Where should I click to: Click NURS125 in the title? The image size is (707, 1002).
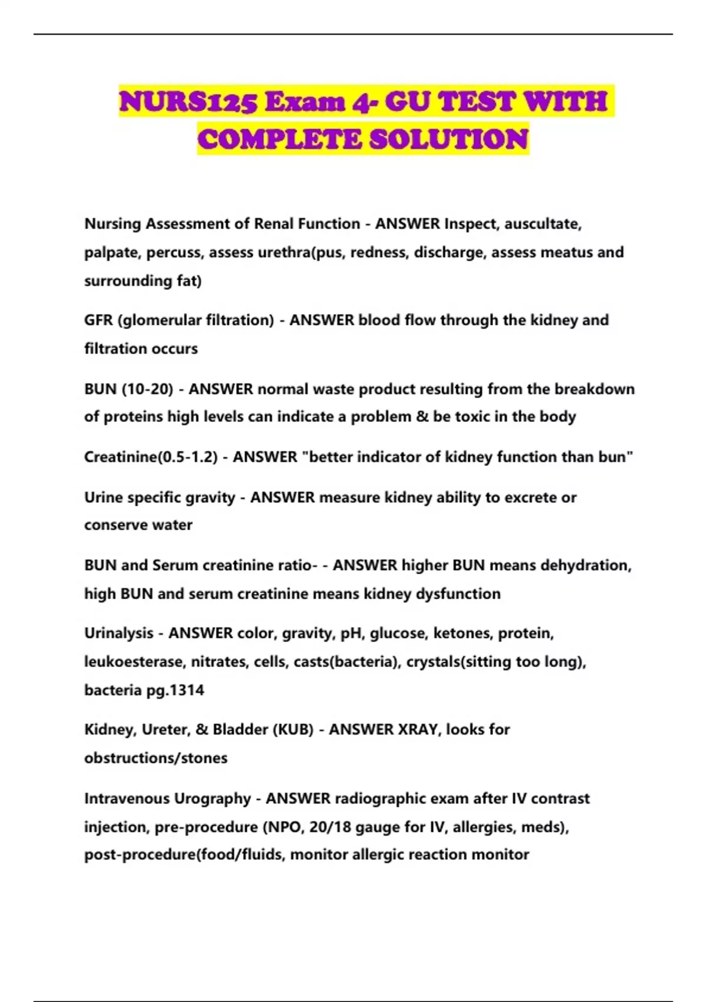[188, 102]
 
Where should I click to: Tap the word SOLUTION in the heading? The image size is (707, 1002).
[448, 140]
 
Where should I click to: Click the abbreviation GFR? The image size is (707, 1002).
[98, 320]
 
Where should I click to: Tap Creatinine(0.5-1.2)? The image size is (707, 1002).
[151, 457]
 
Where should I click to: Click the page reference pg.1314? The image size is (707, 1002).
[175, 690]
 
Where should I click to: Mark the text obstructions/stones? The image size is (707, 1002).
[156, 757]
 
